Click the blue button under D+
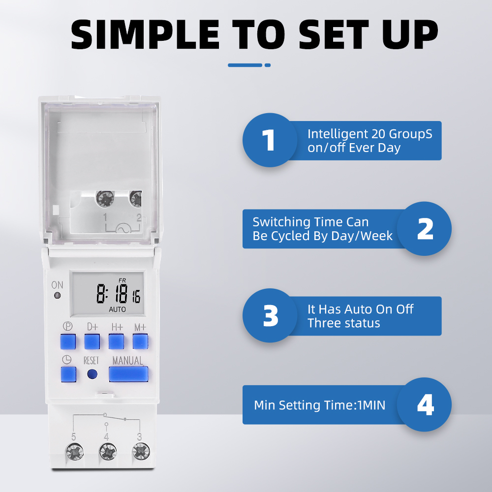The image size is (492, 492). (92, 341)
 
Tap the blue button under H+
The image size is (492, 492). (116, 341)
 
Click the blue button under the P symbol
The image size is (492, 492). (68, 341)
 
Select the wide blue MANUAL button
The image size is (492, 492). (128, 374)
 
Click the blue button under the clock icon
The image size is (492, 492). (68, 374)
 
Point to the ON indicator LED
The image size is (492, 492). (58, 296)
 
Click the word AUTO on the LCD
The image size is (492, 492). (117, 309)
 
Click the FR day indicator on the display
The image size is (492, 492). (122, 280)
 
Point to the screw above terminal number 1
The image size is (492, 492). (105, 199)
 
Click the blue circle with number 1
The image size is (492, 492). (269, 140)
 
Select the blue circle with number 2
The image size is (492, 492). (424, 229)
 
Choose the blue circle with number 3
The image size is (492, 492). (270, 316)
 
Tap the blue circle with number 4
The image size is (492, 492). (424, 404)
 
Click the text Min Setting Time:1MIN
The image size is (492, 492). (320, 405)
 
